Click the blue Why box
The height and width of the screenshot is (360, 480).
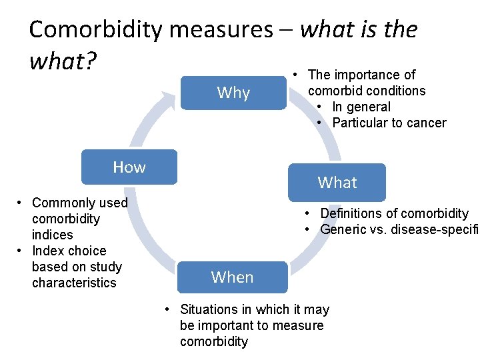[x=233, y=93]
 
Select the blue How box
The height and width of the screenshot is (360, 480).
[x=129, y=167]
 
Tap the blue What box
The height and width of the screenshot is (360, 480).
[x=337, y=182]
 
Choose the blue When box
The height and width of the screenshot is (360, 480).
[x=232, y=277]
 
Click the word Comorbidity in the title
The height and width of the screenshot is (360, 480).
[x=96, y=29]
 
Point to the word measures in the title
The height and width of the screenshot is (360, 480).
[x=221, y=29]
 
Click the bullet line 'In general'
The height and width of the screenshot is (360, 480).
[x=361, y=107]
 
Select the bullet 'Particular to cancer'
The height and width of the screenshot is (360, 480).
[x=389, y=123]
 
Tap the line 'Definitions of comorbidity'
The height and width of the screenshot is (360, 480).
[x=394, y=213]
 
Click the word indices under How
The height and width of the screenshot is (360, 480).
[x=52, y=235]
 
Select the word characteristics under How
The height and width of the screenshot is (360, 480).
[x=73, y=283]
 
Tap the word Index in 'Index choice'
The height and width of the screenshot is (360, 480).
[x=47, y=251]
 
